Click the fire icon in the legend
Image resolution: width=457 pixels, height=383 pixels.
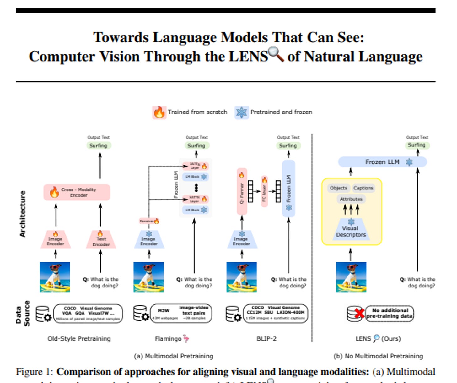pos(159,112)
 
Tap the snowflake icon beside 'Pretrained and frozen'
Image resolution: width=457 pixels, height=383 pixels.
pos(241,112)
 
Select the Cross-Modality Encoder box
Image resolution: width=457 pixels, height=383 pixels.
pos(77,192)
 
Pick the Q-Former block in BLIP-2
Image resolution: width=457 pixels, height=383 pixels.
pos(242,191)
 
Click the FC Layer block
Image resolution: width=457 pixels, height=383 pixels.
pos(264,191)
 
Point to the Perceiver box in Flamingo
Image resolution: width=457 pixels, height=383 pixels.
pos(149,221)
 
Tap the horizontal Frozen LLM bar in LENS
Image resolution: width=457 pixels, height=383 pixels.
pos(382,162)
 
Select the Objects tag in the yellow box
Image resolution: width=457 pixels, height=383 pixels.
pos(338,188)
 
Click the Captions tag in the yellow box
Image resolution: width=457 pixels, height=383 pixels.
pos(363,188)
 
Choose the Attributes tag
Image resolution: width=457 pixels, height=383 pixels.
pos(351,199)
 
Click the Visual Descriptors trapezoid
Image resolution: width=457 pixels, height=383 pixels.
pos(351,231)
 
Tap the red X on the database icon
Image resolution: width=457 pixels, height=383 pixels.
pos(360,313)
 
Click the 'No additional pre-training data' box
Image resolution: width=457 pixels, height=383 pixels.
pos(389,313)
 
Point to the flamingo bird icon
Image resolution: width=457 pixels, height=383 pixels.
pos(186,338)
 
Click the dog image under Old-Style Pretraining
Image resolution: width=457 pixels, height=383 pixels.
pos(55,277)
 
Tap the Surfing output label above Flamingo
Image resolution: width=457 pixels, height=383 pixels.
pos(196,145)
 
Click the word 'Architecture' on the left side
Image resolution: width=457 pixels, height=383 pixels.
pos(22,214)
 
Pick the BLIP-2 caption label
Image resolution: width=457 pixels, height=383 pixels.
pos(266,338)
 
